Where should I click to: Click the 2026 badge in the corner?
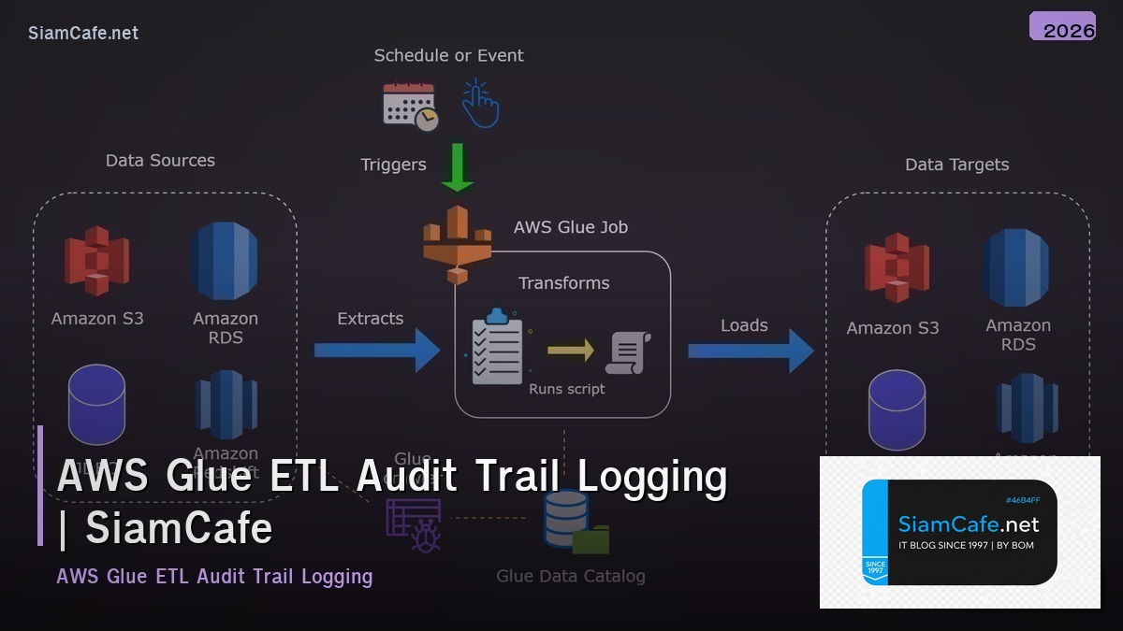coord(1062,27)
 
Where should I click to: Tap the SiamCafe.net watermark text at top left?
coord(83,33)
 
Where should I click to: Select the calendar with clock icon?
coord(410,106)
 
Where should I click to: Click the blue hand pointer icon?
coord(480,104)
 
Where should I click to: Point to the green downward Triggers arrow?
coord(458,166)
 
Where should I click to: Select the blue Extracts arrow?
coord(376,351)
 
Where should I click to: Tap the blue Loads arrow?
coord(751,351)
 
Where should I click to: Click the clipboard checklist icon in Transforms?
coord(497,347)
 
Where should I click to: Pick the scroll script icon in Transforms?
coord(628,352)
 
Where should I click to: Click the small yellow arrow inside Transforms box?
coord(571,351)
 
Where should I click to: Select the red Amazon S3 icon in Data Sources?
coord(96,261)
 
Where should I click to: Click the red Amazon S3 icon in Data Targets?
coord(897,268)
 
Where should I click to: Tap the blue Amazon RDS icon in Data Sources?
coord(225,261)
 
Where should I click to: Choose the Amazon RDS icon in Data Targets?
coord(1016,267)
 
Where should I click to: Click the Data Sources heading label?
coord(160,161)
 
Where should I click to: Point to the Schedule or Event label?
coord(448,55)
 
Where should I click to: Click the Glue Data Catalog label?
coord(570,576)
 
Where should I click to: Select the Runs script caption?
coord(567,389)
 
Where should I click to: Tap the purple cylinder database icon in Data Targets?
coord(897,410)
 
